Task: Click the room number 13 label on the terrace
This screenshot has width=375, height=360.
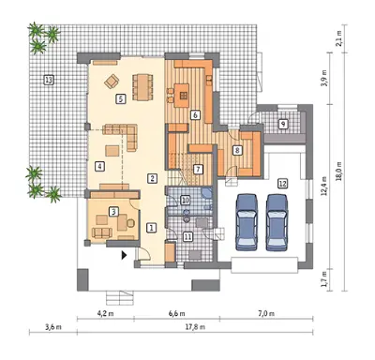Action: [x=49, y=81]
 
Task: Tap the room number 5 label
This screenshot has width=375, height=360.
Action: [x=121, y=99]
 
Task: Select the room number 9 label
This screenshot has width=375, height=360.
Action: [x=283, y=124]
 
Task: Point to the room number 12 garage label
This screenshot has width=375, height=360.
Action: [x=282, y=183]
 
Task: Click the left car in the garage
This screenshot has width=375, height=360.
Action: [x=247, y=222]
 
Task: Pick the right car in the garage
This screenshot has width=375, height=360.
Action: [x=277, y=222]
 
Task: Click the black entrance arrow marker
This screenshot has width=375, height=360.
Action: [x=124, y=255]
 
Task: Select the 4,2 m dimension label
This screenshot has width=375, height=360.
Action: [x=105, y=313]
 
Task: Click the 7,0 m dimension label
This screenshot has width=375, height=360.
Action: [x=266, y=313]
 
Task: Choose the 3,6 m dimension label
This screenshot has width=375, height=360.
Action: [x=53, y=327]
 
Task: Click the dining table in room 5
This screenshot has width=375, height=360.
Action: [x=142, y=86]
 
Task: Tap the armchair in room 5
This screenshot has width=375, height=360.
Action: [x=112, y=82]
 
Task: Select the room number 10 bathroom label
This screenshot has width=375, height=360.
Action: [x=186, y=200]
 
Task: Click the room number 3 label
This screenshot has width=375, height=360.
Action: [x=113, y=212]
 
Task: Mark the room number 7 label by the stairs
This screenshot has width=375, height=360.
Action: [x=198, y=170]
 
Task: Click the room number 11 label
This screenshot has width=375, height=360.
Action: [x=187, y=237]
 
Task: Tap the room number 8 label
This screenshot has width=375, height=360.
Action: [x=237, y=150]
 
